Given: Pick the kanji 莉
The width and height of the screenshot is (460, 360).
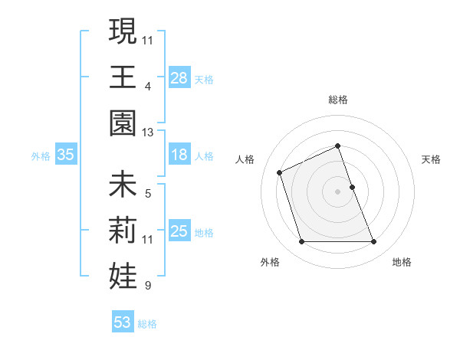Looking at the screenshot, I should (123, 230).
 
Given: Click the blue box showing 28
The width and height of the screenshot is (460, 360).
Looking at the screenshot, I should (179, 78).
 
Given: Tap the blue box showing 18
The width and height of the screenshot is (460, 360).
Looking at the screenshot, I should (179, 155).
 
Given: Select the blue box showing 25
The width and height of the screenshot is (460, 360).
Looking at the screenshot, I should (179, 232).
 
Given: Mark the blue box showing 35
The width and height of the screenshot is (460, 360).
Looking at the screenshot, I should (66, 155).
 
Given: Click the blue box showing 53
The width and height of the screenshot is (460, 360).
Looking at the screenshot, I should (123, 322).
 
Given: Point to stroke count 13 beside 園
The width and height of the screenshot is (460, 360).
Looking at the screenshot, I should (148, 133).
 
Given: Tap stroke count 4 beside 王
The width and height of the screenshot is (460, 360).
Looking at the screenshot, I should (148, 87).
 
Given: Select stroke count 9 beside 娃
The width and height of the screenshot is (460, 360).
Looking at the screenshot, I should (148, 286).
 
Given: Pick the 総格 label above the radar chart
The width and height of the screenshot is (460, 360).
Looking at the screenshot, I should (338, 100).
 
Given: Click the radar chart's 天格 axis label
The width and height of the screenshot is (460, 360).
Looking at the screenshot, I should (432, 159).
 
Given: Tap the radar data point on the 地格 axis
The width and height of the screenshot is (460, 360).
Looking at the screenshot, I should (374, 242).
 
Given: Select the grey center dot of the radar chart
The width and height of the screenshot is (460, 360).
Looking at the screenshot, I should (338, 191).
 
